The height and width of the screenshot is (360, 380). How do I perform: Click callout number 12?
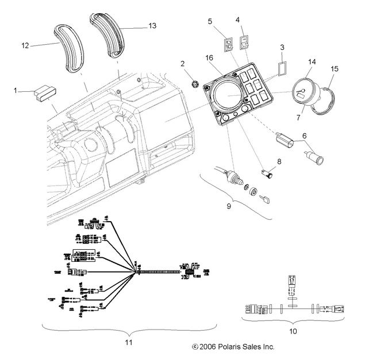click(x=25, y=45)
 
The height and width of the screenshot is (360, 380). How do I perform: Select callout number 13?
click(x=152, y=26)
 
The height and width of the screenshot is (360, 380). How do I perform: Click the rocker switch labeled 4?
click(x=243, y=41)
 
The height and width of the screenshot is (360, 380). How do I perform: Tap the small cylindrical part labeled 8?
click(x=267, y=172)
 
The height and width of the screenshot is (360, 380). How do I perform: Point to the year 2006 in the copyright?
click(x=206, y=347)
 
